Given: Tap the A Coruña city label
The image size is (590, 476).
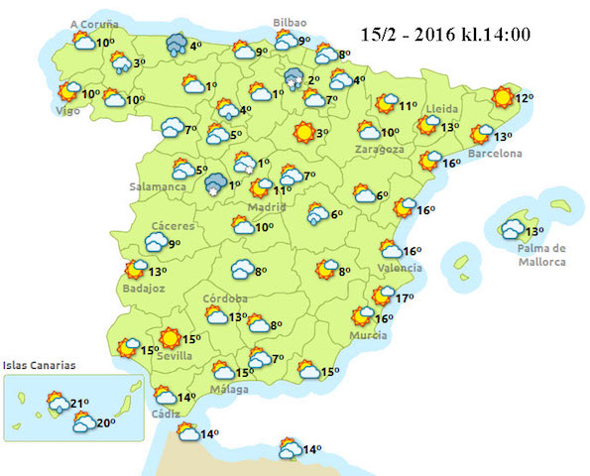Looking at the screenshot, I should pos(94,23).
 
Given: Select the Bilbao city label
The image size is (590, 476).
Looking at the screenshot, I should pos(290,22).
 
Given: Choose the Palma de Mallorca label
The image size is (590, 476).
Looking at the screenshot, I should pos(540,255).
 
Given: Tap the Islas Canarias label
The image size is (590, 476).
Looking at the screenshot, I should pos(39,366).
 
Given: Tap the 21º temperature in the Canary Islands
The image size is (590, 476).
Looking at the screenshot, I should pos(80,403).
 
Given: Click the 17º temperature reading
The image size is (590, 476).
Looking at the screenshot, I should pos(404,297).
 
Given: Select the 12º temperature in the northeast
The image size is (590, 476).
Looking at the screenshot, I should pos(525,97).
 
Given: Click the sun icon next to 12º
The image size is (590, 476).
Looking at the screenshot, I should pos(502,96).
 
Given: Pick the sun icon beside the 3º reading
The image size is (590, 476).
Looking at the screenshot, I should pos(302,132).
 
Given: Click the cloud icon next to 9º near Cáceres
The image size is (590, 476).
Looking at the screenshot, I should pos(156,242).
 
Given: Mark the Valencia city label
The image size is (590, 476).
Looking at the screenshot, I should pos(401,269).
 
